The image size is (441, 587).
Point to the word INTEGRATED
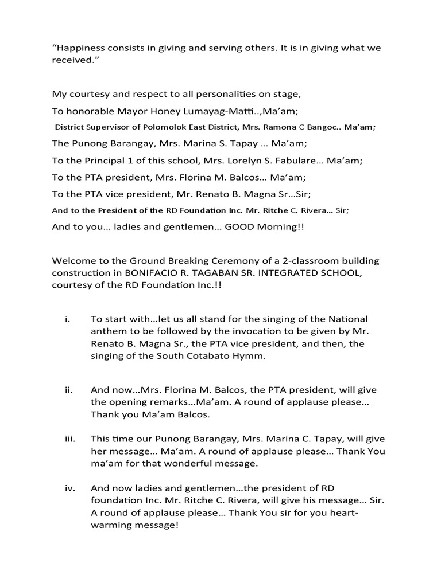pyautogui.click(x=281, y=273)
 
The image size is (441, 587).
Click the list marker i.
pyautogui.click(x=66, y=319)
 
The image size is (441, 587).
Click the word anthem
pyautogui.click(x=108, y=331)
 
